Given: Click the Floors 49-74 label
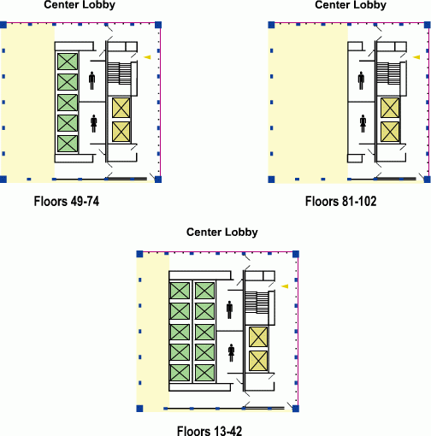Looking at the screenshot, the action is tap(67, 201).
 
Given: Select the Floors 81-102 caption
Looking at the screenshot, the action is tap(340, 201).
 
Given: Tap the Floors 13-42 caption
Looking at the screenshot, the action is tap(210, 431).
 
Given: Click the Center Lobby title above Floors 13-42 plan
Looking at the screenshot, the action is tap(222, 232).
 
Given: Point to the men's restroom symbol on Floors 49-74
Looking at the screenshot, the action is tap(92, 80).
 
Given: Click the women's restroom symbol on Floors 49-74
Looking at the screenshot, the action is tap(94, 123).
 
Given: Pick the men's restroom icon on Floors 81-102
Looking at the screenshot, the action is tap(361, 80).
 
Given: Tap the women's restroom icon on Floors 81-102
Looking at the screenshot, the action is tap(363, 123).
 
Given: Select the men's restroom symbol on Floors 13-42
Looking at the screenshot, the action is tap(229, 309).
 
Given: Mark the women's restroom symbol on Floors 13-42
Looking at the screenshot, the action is tap(231, 353).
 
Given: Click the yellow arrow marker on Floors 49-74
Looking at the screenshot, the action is tap(147, 57).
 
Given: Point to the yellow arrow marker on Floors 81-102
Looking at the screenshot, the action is tap(416, 57).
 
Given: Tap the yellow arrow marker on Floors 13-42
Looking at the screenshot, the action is tap(285, 286).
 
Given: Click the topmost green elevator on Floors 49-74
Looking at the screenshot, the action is tap(68, 62).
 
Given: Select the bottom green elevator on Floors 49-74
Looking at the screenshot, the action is tap(68, 144).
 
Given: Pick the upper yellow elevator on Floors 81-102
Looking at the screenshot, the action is tap(390, 108).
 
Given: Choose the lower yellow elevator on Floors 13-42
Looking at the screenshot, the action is tap(258, 361).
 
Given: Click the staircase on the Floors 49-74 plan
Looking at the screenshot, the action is tap(120, 73).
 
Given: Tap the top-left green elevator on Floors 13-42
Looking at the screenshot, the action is tap(180, 291).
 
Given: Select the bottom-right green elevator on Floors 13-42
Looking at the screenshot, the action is tap(204, 373).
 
